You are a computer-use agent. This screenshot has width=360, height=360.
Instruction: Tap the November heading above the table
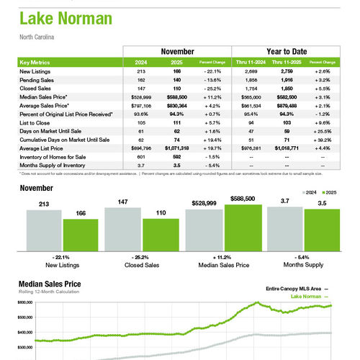[x=177, y=52]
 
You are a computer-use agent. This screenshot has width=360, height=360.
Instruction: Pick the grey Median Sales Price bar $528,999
[x=204, y=231]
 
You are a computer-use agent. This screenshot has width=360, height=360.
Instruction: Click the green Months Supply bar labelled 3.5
[x=321, y=231]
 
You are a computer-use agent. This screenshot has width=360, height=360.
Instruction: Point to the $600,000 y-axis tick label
[x=25, y=303]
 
